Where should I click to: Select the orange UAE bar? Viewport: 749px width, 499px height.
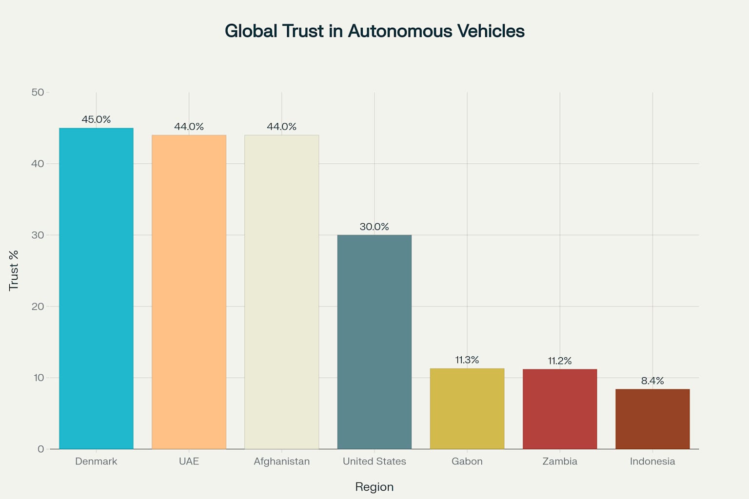pos(189,292)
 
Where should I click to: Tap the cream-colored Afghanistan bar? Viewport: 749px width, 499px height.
pos(281,292)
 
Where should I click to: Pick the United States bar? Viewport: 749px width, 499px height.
pos(374,342)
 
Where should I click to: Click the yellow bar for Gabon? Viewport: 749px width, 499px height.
pos(467,409)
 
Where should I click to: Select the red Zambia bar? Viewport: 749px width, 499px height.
pos(559,409)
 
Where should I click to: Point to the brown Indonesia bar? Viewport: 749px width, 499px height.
pos(652,419)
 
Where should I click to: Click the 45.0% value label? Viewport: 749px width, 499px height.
pos(96,119)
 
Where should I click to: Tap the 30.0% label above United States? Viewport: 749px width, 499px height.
pos(374,227)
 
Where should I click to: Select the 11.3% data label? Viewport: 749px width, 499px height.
pos(467,360)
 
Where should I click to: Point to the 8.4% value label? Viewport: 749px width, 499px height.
pos(652,381)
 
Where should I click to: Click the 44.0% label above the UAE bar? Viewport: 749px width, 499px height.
pos(189,127)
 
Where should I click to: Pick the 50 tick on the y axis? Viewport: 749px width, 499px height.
pos(38,92)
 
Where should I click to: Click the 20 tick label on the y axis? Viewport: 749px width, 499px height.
pos(38,307)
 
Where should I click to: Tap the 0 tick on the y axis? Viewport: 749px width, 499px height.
pos(40,449)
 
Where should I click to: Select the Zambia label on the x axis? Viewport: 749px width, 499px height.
pos(559,461)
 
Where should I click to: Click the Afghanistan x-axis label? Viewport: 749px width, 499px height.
pos(281,461)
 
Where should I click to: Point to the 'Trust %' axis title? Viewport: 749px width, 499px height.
pos(14,270)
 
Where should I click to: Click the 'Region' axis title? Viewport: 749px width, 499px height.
pos(374,487)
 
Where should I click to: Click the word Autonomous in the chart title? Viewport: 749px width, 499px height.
pos(400,31)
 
